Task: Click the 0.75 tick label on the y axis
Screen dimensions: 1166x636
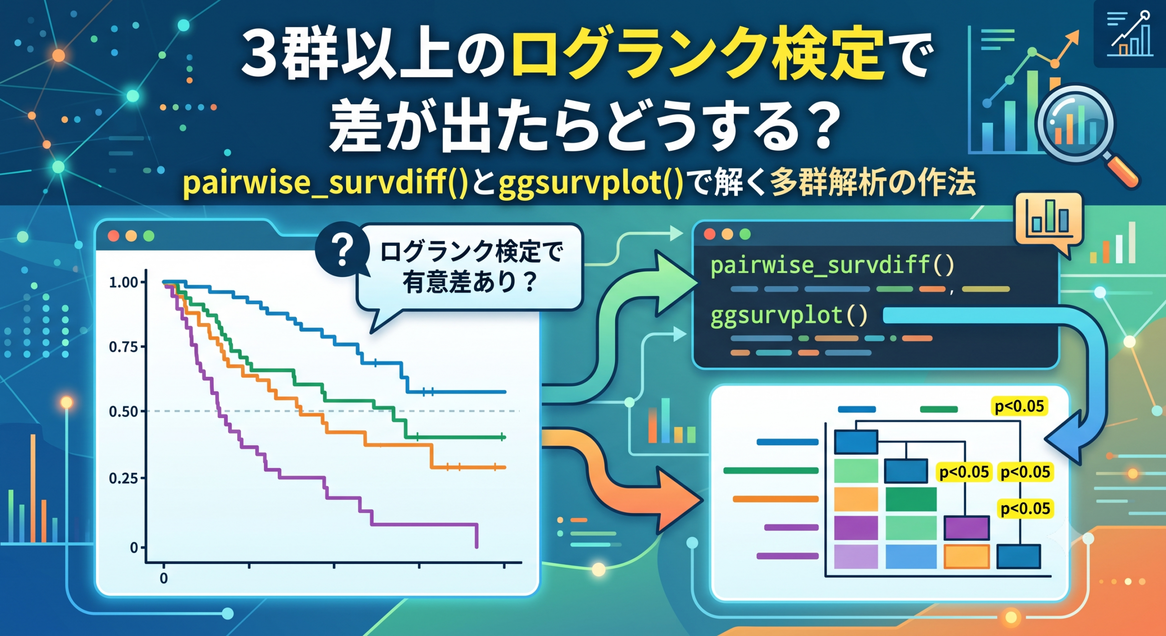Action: click(123, 347)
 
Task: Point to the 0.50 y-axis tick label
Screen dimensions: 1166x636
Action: click(123, 411)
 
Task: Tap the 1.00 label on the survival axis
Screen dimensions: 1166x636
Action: click(123, 282)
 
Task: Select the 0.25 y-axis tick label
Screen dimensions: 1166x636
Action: click(123, 478)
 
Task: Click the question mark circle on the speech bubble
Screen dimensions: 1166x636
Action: click(343, 249)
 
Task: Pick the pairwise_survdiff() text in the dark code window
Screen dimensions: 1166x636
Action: click(832, 265)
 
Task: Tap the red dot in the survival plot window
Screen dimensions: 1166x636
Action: click(113, 236)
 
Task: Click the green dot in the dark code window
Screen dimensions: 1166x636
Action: click(745, 234)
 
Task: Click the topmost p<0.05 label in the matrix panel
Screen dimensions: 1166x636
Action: click(1019, 406)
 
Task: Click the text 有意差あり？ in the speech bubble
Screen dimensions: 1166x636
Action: click(470, 282)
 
